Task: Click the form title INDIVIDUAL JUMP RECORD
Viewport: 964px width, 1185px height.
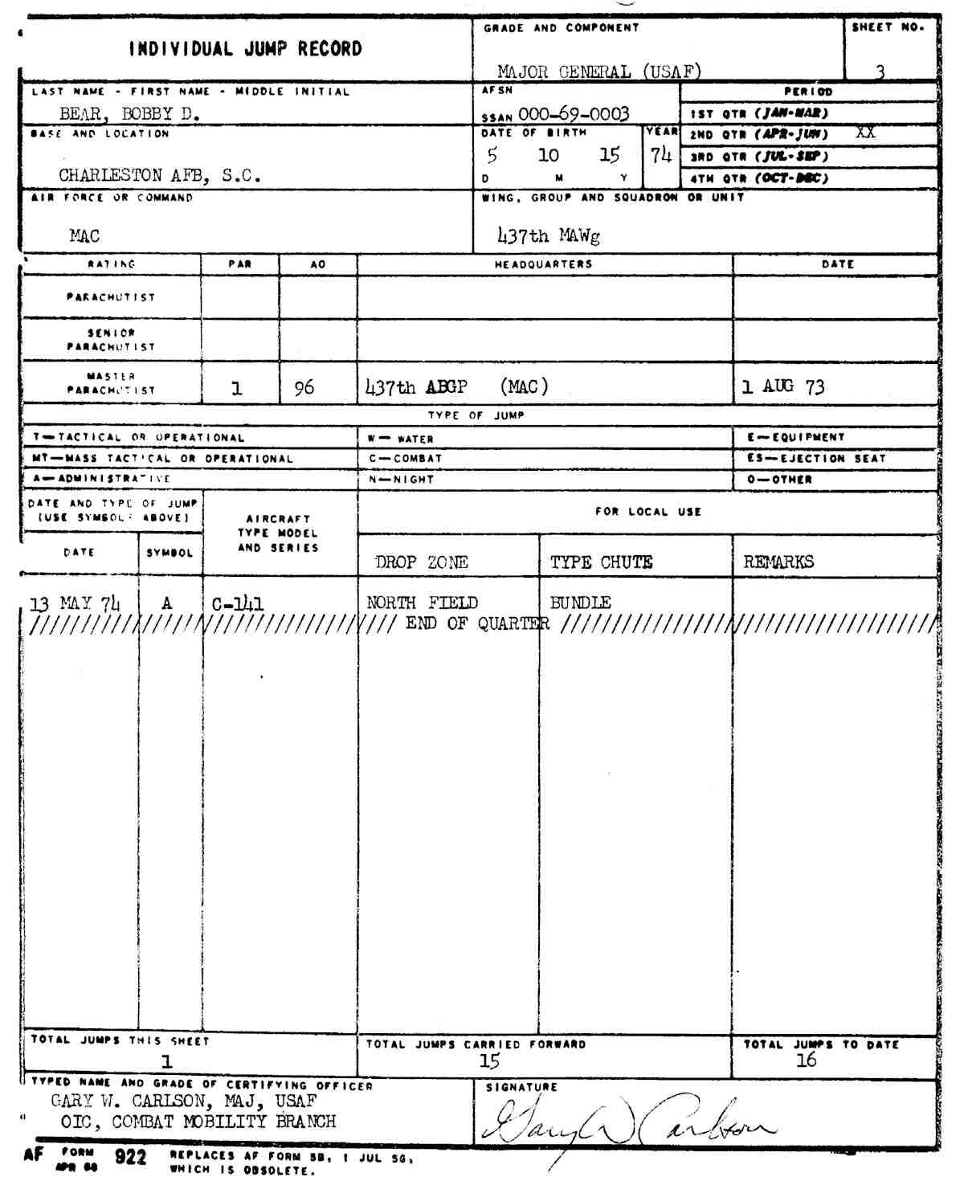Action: click(246, 49)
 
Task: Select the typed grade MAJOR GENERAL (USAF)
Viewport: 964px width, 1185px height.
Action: click(598, 72)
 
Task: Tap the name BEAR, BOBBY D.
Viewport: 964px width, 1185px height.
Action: click(129, 113)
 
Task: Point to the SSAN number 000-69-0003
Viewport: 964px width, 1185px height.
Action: click(574, 114)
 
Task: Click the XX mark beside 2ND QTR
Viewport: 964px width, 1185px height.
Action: click(864, 133)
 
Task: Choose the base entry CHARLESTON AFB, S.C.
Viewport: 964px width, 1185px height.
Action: click(159, 175)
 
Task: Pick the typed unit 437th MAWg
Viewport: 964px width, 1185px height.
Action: click(549, 235)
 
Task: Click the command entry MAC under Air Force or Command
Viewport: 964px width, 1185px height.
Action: click(84, 235)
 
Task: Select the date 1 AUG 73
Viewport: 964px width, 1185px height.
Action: click(782, 387)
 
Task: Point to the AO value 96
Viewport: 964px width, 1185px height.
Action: click(304, 388)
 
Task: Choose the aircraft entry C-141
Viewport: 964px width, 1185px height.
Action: click(238, 603)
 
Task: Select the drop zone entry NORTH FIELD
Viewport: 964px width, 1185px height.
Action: click(422, 603)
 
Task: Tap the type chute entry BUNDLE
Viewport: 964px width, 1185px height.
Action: click(580, 603)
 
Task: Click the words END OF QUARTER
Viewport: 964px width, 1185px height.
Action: click(477, 623)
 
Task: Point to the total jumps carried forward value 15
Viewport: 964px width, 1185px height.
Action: click(489, 1061)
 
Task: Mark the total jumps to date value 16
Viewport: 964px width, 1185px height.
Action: click(806, 1060)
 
